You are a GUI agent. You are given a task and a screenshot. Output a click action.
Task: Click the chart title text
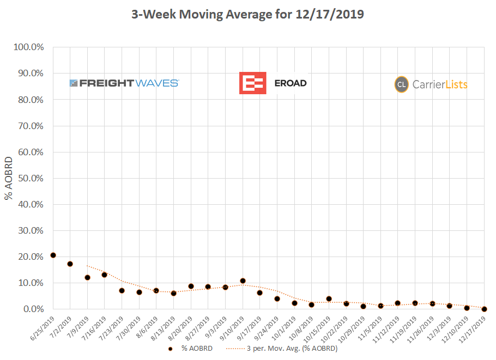(247, 15)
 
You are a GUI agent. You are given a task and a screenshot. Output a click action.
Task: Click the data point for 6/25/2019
(53, 255)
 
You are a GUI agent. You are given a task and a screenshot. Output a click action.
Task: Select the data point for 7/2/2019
(70, 264)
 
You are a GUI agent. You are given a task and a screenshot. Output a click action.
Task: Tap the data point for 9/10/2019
(243, 281)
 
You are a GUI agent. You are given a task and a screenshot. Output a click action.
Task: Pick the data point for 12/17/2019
(484, 309)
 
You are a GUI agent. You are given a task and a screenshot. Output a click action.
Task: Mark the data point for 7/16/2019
(105, 274)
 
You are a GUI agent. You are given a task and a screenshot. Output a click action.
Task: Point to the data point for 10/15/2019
(329, 298)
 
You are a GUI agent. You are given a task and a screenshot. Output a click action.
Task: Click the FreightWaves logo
(124, 83)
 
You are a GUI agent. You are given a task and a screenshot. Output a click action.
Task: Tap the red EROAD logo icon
(252, 83)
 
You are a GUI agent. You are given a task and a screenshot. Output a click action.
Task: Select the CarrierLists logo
(431, 84)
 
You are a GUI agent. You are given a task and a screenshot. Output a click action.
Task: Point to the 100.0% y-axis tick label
(29, 47)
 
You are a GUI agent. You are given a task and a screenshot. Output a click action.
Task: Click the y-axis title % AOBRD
(9, 178)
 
